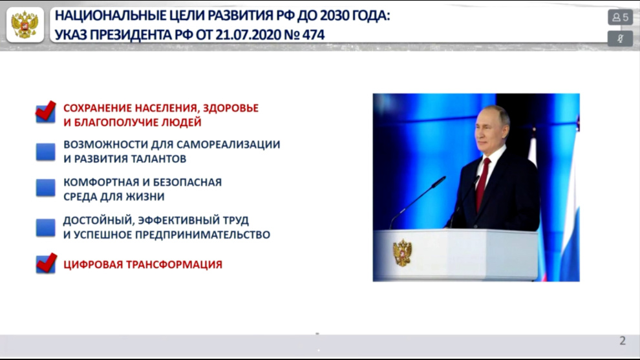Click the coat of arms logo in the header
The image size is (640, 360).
25,25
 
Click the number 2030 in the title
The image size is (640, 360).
334,16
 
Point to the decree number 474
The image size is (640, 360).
314,35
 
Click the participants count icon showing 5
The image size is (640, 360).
620,17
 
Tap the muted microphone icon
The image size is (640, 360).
620,39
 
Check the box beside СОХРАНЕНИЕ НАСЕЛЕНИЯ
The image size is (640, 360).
46,112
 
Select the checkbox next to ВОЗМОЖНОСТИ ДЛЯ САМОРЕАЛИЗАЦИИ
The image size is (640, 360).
46,152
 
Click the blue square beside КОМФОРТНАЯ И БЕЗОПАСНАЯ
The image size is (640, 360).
46,188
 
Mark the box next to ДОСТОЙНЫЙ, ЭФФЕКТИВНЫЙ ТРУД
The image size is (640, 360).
46,228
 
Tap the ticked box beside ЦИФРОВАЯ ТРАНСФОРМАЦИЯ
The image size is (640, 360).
46,263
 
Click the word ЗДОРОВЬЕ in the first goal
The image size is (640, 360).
231,108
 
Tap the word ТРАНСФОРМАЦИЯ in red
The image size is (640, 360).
175,264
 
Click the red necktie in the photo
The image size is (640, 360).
484,184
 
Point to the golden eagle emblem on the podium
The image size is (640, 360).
403,253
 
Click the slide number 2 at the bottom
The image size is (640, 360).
623,341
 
